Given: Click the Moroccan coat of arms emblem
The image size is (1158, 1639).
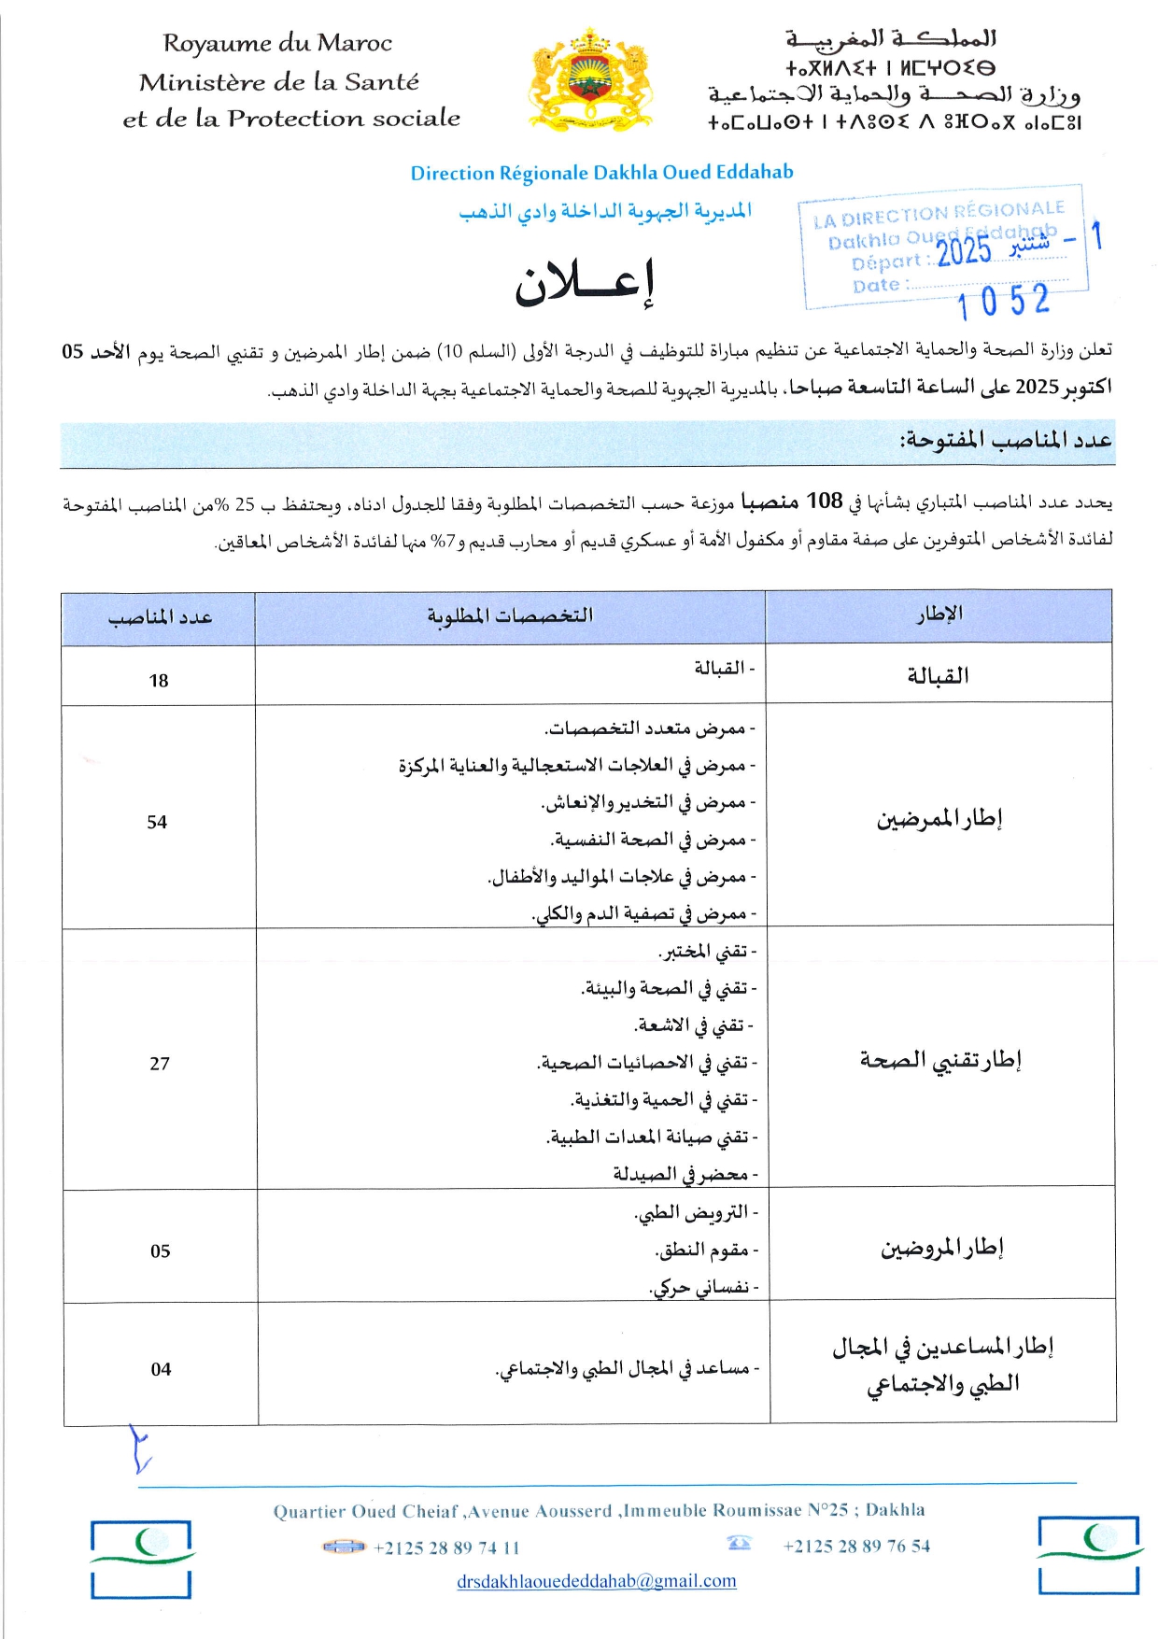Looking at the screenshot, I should pyautogui.click(x=589, y=79).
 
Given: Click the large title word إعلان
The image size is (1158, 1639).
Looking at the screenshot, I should pyautogui.click(x=586, y=281).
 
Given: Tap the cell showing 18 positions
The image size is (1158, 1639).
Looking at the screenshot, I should pyautogui.click(x=159, y=681).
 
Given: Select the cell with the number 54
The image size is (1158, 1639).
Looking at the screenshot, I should pyautogui.click(x=157, y=822).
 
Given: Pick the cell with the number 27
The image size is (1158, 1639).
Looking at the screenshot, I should pyautogui.click(x=160, y=1064).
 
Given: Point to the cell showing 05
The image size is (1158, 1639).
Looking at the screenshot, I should pyautogui.click(x=161, y=1251).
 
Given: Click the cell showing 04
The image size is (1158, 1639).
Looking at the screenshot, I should pyautogui.click(x=161, y=1369).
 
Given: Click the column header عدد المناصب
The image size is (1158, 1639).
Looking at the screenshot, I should pyautogui.click(x=160, y=617).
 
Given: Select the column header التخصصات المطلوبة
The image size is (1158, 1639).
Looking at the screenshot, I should pyautogui.click(x=510, y=615).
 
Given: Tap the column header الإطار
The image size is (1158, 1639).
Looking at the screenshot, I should pyautogui.click(x=939, y=615).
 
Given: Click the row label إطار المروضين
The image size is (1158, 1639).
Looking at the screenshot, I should pyautogui.click(x=941, y=1248).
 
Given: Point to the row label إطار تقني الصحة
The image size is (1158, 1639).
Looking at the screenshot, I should pyautogui.click(x=940, y=1060).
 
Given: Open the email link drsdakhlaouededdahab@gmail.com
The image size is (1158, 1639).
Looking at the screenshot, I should pyautogui.click(x=597, y=1581).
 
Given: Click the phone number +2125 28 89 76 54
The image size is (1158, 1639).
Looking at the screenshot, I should pyautogui.click(x=856, y=1546).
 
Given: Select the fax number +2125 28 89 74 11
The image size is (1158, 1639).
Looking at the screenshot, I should pyautogui.click(x=446, y=1547).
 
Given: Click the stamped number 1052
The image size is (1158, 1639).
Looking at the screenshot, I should pyautogui.click(x=1004, y=302).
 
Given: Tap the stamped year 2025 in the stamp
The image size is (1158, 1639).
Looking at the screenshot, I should pyautogui.click(x=964, y=250).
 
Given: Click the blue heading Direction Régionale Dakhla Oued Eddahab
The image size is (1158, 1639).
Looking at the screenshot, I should pyautogui.click(x=601, y=173).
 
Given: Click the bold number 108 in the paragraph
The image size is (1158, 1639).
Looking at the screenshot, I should pyautogui.click(x=825, y=502).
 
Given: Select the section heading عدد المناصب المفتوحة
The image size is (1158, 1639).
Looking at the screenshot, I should pyautogui.click(x=1006, y=440).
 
